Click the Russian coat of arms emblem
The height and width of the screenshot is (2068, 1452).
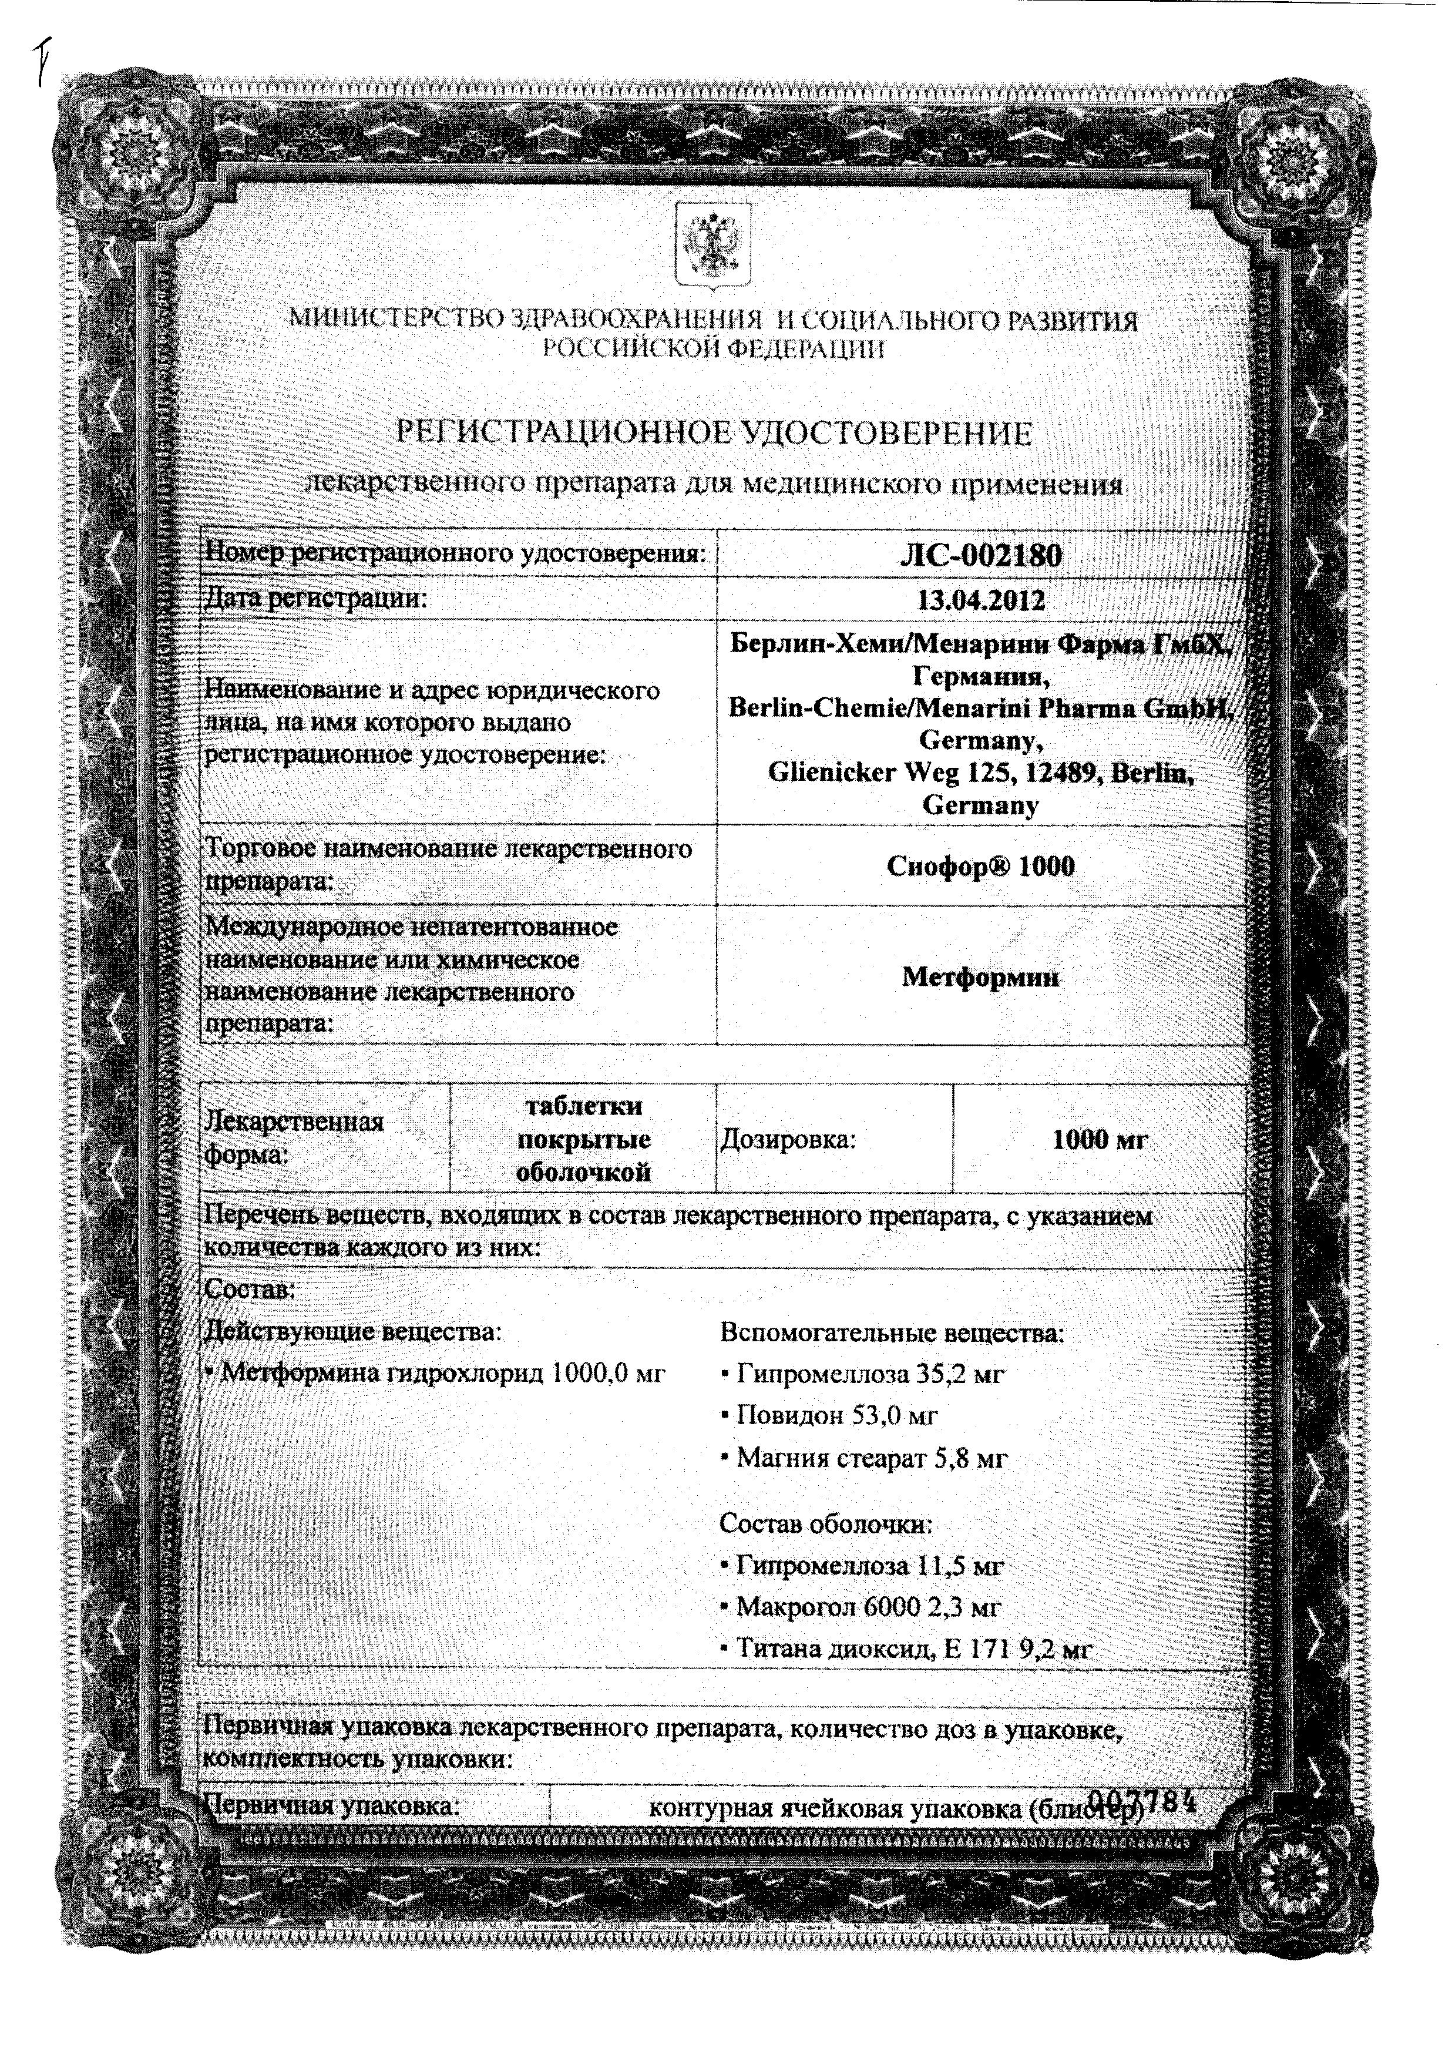[x=711, y=245]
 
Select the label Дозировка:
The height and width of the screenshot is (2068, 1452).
[x=787, y=1140]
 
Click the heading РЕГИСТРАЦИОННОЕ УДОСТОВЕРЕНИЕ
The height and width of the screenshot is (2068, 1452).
[x=714, y=434]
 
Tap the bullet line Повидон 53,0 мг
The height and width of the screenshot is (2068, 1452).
[x=836, y=1416]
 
